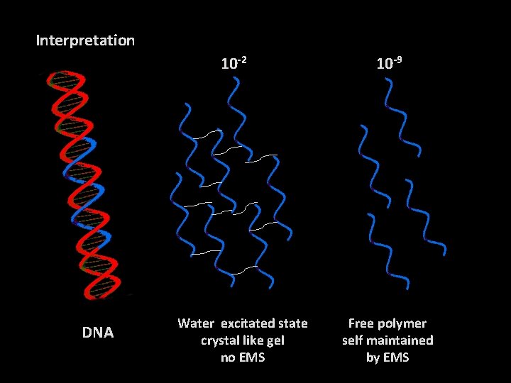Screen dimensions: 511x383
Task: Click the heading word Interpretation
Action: pyautogui.click(x=85, y=40)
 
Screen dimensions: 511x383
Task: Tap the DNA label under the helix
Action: pyautogui.click(x=98, y=332)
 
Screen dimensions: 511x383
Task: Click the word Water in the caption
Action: pyautogui.click(x=195, y=323)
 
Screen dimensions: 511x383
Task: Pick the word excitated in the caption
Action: pyautogui.click(x=245, y=323)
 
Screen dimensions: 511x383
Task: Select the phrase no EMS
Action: pyautogui.click(x=243, y=357)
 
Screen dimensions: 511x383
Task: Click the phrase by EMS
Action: pyautogui.click(x=388, y=357)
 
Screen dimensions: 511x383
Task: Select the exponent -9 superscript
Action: pyautogui.click(x=399, y=59)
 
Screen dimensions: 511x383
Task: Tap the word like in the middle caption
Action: pyautogui.click(x=253, y=340)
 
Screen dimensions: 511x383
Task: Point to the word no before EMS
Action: pyautogui.click(x=228, y=357)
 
